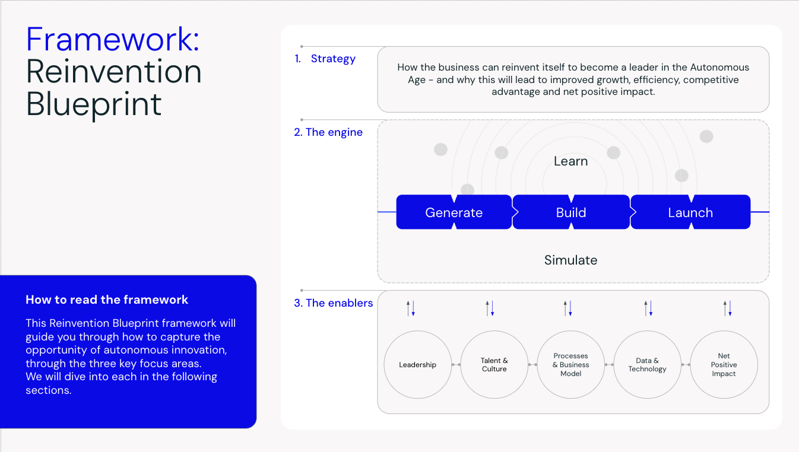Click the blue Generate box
pyautogui.click(x=454, y=212)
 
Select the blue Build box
pyautogui.click(x=571, y=212)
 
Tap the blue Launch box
pyautogui.click(x=690, y=212)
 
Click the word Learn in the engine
pyautogui.click(x=570, y=161)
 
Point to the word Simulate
pyautogui.click(x=570, y=260)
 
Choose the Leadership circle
pyautogui.click(x=417, y=364)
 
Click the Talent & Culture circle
pyautogui.click(x=494, y=364)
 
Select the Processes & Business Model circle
pyautogui.click(x=570, y=364)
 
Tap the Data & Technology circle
pyautogui.click(x=647, y=364)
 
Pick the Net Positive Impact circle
pyautogui.click(x=724, y=364)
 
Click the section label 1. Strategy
pyautogui.click(x=325, y=59)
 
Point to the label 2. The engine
pyautogui.click(x=328, y=132)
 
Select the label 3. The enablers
pyautogui.click(x=334, y=303)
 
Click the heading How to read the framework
pyautogui.click(x=107, y=300)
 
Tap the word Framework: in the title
pyautogui.click(x=113, y=39)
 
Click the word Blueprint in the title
pyautogui.click(x=94, y=104)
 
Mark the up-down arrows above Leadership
pyautogui.click(x=411, y=308)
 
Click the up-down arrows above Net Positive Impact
pyautogui.click(x=727, y=308)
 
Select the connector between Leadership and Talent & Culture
pyautogui.click(x=456, y=364)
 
